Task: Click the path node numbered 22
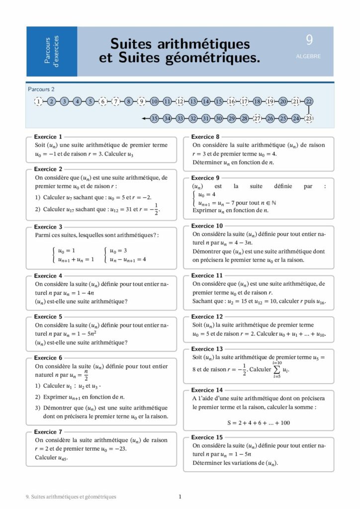pyautogui.click(x=309, y=101)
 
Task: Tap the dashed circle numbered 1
pyautogui.click(x=38, y=101)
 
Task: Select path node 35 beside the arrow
pyautogui.click(x=154, y=118)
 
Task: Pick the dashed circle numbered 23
pyautogui.click(x=309, y=118)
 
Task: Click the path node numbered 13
pyautogui.click(x=193, y=101)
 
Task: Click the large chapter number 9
pyautogui.click(x=309, y=40)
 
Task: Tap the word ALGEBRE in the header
pyautogui.click(x=308, y=56)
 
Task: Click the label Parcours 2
pyautogui.click(x=41, y=89)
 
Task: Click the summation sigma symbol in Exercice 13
pyautogui.click(x=277, y=369)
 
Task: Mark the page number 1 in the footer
pyautogui.click(x=180, y=496)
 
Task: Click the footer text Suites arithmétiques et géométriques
pyautogui.click(x=71, y=496)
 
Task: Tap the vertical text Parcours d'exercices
pyautogui.click(x=52, y=51)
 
